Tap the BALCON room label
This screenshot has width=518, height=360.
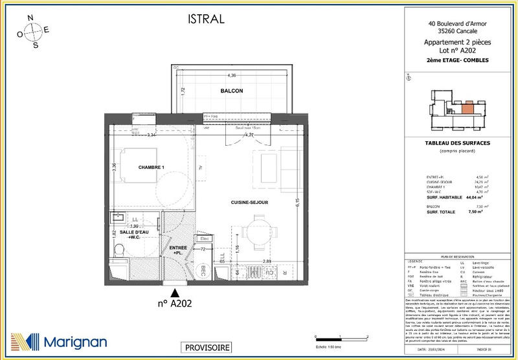(x=231, y=91)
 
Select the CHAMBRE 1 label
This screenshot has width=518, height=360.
(x=152, y=168)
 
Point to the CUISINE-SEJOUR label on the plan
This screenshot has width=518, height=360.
(x=249, y=203)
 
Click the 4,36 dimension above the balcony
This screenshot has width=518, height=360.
(x=231, y=75)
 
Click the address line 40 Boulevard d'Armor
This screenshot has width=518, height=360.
(x=458, y=25)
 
